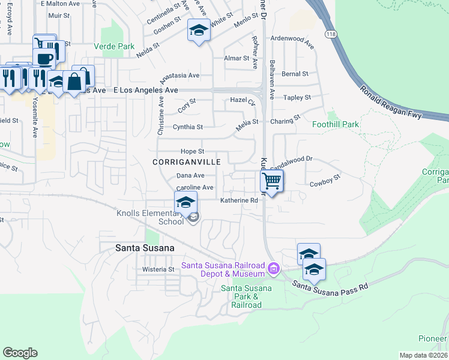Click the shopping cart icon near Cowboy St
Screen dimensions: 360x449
pos(272,181)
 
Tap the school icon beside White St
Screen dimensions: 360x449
pos(199,30)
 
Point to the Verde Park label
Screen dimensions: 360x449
pos(114,46)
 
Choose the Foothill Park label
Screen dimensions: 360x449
pos(336,125)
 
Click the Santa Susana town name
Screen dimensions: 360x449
pos(145,248)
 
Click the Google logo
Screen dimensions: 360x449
pos(20,353)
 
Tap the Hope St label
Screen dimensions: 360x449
pos(193,151)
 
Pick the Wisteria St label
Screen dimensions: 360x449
pos(158,269)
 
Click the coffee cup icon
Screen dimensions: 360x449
pos(45,58)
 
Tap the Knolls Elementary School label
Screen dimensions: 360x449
pos(149,217)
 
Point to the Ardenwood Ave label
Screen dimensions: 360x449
pos(292,41)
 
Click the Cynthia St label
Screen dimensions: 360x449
pos(188,127)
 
